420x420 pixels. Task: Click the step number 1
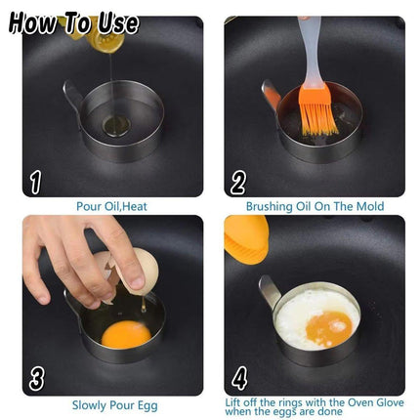pyautogui.click(x=36, y=183)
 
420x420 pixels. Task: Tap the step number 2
pyautogui.click(x=238, y=183)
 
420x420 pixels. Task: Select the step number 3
pyautogui.click(x=36, y=380)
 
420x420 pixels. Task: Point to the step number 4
pyautogui.click(x=239, y=378)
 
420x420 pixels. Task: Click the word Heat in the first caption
pyautogui.click(x=135, y=206)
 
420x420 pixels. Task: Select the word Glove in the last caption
pyautogui.click(x=389, y=402)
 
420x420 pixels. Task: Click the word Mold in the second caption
pyautogui.click(x=370, y=206)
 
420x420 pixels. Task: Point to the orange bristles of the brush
pyautogui.click(x=318, y=111)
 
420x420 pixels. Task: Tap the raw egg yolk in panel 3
pyautogui.click(x=126, y=334)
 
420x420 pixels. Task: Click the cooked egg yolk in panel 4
pyautogui.click(x=329, y=328)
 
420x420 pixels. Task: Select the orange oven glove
pyautogui.click(x=246, y=239)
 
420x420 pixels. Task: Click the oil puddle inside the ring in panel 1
pyautogui.click(x=116, y=126)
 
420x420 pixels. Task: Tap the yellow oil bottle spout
pyautogui.click(x=105, y=41)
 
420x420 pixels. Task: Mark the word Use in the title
pyautogui.click(x=118, y=23)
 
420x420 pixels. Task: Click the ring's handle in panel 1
pyautogui.click(x=73, y=95)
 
